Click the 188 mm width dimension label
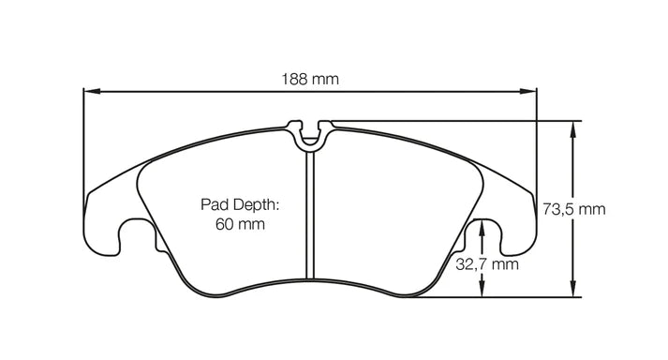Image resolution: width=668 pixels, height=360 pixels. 310,80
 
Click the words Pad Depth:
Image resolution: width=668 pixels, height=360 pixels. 240,204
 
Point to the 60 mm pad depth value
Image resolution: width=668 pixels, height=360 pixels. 240,224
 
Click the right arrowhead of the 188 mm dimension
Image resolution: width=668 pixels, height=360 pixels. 531,92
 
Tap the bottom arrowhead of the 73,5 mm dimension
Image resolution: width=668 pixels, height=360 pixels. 572,292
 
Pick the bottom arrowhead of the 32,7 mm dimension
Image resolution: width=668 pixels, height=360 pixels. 482,292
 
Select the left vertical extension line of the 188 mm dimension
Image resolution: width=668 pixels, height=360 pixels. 84,141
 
